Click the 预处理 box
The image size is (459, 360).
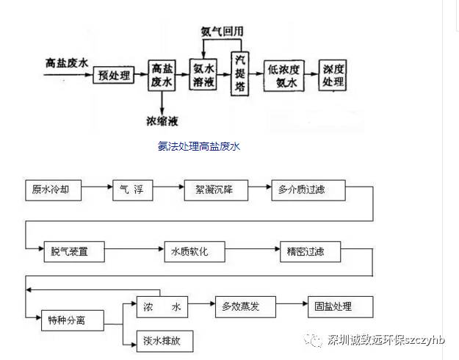pyautogui.click(x=114, y=76)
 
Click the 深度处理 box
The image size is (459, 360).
pyautogui.click(x=333, y=75)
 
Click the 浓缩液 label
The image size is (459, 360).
pyautogui.click(x=162, y=120)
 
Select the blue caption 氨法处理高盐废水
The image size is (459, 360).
pyautogui.click(x=198, y=146)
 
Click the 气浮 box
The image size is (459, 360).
pyautogui.click(x=132, y=190)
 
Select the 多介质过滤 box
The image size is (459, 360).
pyautogui.click(x=301, y=190)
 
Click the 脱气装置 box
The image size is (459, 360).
pyautogui.click(x=73, y=251)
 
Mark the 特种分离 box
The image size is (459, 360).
pyautogui.click(x=73, y=319)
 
